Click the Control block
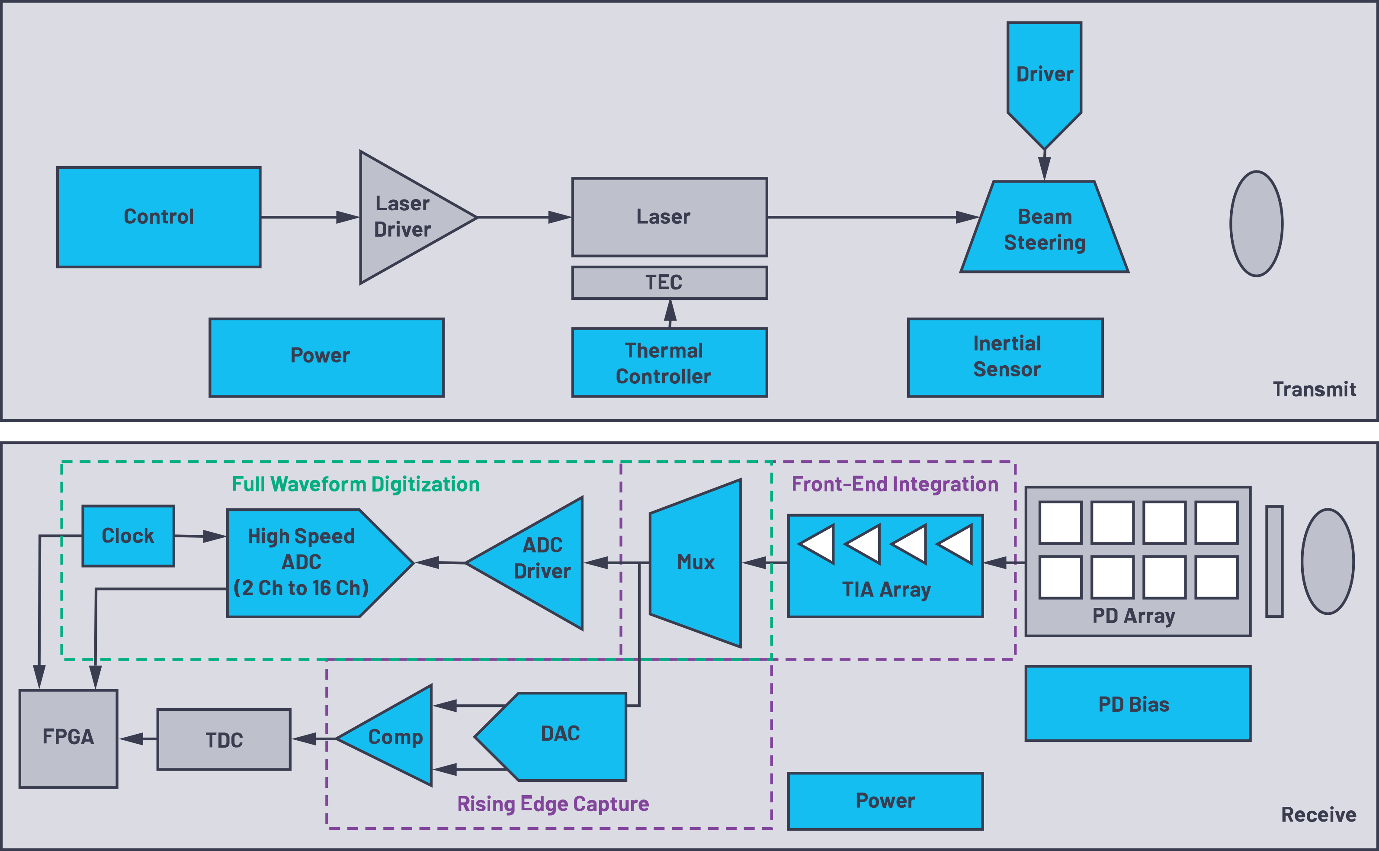coord(159,217)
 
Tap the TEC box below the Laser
coord(669,283)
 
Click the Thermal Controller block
coord(669,363)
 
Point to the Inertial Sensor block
coord(1005,357)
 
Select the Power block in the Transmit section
coord(326,357)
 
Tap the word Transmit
coord(1314,389)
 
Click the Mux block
coord(696,563)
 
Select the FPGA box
coord(68,739)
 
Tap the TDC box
coord(224,739)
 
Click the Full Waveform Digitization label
coord(356,485)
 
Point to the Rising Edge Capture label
coord(552,804)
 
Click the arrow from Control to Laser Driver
coord(309,217)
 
